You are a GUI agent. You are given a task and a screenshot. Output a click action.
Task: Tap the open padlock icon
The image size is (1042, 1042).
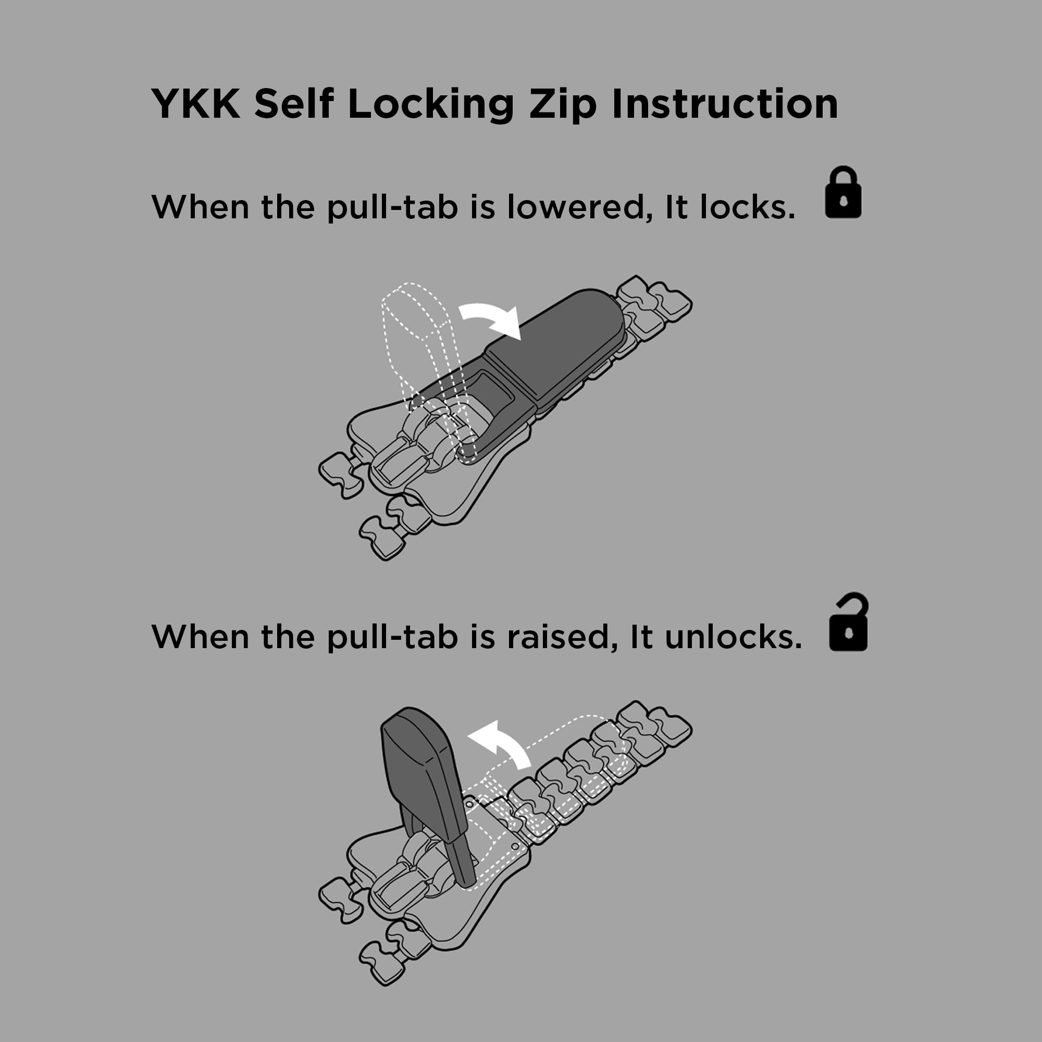point(848,622)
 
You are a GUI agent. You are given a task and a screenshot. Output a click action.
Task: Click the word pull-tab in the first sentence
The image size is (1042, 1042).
point(393,208)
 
